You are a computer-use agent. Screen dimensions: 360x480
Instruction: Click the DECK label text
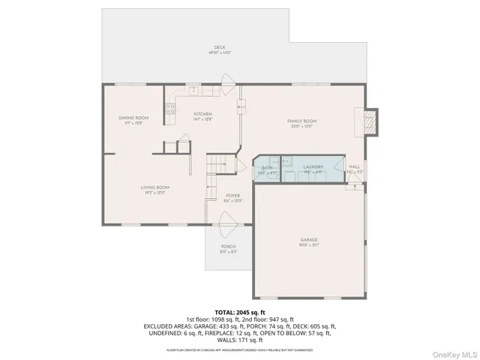point(219,48)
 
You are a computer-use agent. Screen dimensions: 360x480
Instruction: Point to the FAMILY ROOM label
point(302,121)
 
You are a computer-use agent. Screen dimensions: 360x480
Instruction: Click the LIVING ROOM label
point(154,187)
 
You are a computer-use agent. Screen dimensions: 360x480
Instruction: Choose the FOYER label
point(232,195)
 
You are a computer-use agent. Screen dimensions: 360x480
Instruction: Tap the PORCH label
point(228,247)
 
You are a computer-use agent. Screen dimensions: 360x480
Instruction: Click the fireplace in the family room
point(368,121)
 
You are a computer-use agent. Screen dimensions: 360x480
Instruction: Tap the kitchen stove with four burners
point(170,112)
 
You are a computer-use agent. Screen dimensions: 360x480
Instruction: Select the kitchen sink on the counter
point(193,91)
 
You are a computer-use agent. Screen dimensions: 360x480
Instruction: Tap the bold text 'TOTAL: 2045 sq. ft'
point(240,311)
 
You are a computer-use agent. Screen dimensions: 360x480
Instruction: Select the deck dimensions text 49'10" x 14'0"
point(219,53)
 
